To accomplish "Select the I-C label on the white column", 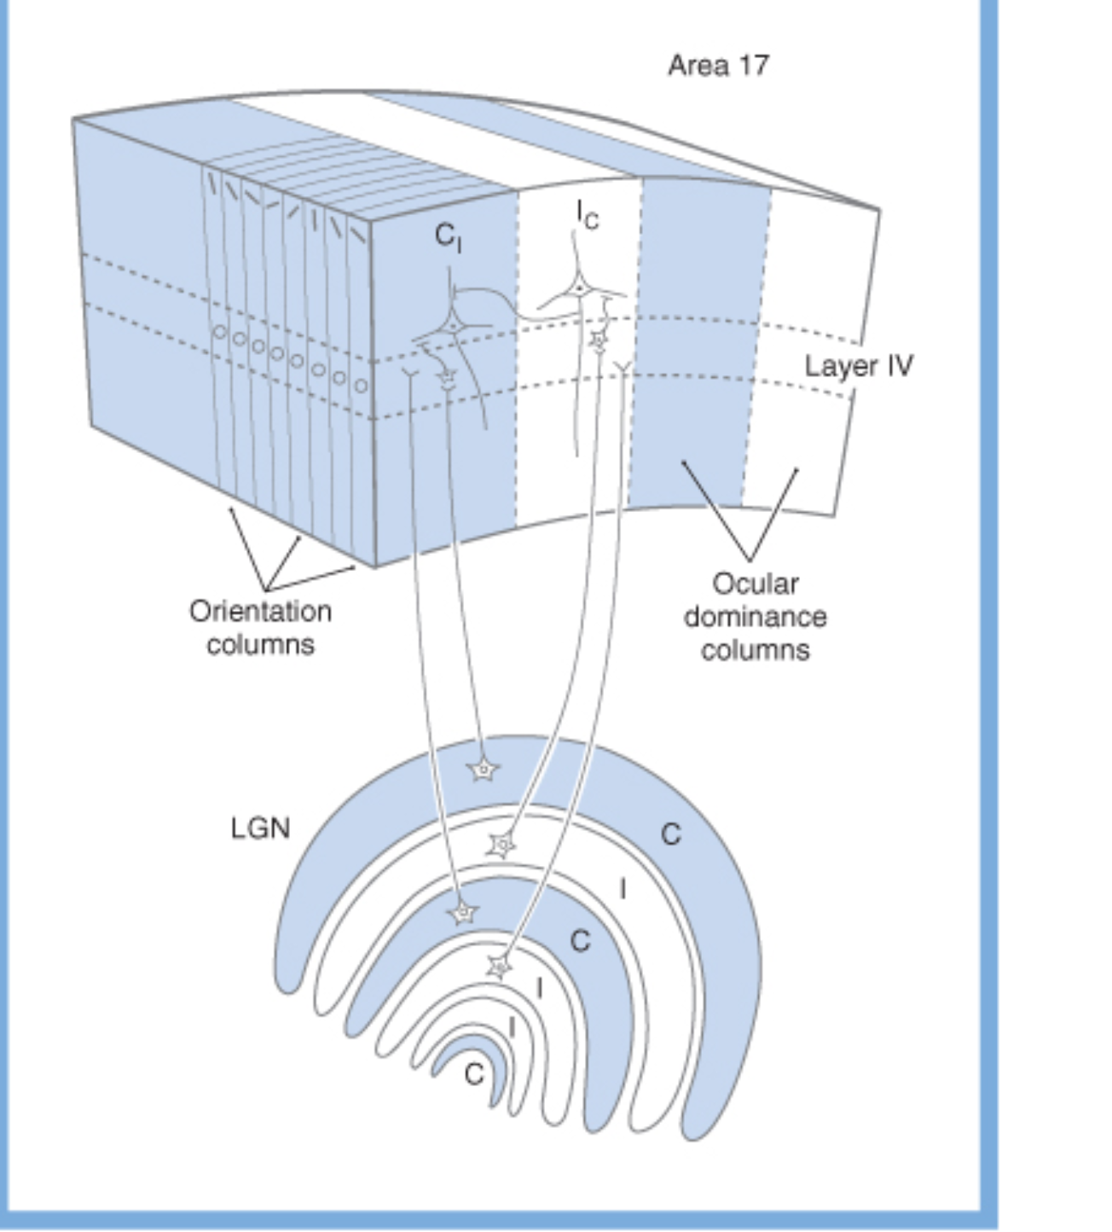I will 587,214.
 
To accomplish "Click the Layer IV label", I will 858,366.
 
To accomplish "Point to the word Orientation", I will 260,612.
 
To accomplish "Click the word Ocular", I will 755,584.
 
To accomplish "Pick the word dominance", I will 755,617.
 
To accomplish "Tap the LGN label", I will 260,828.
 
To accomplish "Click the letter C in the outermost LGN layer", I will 671,834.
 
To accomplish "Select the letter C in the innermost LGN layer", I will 474,1074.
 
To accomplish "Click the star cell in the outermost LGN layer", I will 484,770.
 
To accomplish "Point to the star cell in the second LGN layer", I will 502,846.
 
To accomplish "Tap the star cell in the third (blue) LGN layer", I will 463,914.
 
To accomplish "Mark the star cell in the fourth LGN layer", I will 499,967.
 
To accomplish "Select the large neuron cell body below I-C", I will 579,289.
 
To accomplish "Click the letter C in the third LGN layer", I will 580,942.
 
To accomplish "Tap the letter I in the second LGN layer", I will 623,890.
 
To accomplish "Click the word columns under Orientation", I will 260,644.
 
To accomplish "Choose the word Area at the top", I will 698,66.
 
